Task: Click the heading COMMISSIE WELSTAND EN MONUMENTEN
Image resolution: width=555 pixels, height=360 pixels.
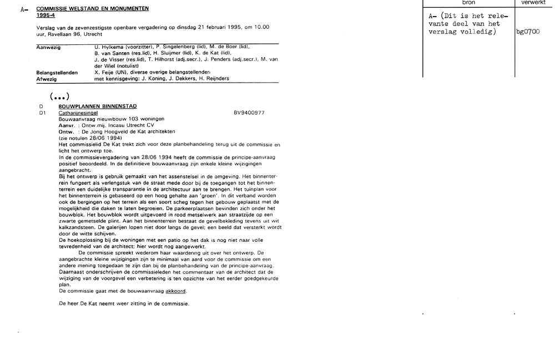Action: coord(92,9)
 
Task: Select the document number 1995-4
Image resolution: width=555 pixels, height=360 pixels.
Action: coord(44,16)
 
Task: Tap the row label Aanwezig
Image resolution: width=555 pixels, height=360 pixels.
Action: coord(48,47)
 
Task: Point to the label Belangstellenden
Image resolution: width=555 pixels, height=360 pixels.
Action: coord(57,72)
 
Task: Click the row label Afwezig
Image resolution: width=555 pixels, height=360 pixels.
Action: coord(46,79)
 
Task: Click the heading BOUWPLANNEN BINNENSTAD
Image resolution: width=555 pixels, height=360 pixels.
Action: coord(97,106)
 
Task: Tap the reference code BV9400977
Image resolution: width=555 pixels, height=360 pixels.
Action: coord(249,113)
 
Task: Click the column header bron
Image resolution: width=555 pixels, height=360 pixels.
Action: coord(468,3)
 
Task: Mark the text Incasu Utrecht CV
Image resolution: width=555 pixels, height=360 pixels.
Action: coord(130,125)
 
